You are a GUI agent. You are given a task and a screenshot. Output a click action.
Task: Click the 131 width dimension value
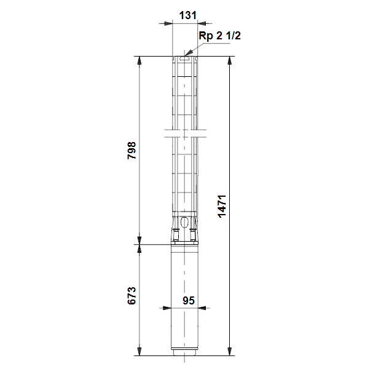coord(187,15)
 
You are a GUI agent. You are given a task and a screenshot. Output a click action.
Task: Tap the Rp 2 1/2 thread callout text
coord(219,36)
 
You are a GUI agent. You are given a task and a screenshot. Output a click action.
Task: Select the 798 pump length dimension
coord(131,151)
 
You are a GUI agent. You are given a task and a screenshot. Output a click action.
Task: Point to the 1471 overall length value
coord(222,207)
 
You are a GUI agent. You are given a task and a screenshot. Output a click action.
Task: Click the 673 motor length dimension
coord(131,296)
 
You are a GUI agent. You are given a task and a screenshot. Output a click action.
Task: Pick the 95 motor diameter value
coord(189,301)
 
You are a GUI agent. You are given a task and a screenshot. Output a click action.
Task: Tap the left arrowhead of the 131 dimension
coord(168,23)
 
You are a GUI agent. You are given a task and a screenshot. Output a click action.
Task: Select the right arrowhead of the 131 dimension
coord(202,23)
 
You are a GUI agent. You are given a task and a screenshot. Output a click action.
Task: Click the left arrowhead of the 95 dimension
coord(167,308)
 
